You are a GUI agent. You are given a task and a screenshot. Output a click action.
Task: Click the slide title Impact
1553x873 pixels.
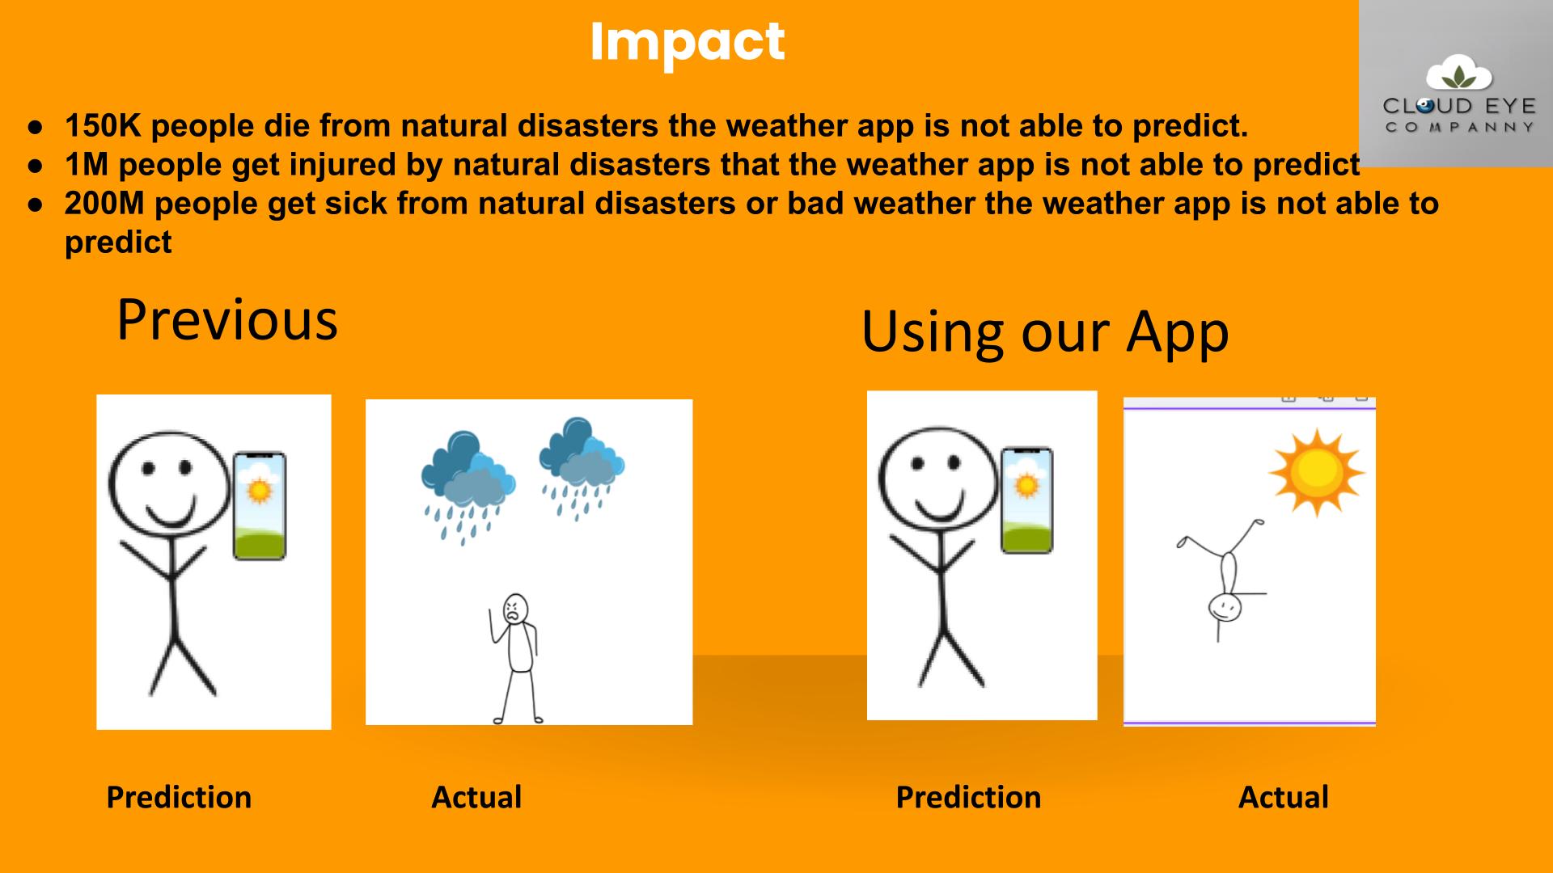[x=688, y=43]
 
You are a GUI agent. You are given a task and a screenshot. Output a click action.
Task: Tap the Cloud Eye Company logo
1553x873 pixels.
[x=1456, y=83]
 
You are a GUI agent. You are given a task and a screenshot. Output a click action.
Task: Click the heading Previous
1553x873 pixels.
[x=227, y=320]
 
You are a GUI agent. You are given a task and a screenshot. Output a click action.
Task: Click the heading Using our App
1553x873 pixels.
[x=1045, y=331]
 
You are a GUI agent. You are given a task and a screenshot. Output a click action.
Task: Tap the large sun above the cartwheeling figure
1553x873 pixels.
[x=1317, y=472]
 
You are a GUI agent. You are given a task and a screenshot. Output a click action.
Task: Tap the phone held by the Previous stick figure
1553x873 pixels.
[x=260, y=505]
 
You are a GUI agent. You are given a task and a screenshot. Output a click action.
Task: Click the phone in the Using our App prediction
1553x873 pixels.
[x=1027, y=500]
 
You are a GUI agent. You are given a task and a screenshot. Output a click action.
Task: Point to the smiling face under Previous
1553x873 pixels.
[x=169, y=486]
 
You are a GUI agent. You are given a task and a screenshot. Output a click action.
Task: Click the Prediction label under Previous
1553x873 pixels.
[x=179, y=798]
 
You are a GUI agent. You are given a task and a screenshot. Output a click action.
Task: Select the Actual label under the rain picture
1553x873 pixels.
[x=476, y=797]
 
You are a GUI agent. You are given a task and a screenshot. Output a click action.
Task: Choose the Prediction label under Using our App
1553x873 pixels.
[x=968, y=798]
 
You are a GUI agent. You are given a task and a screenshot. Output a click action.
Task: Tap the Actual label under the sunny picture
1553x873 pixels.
[x=1284, y=797]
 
